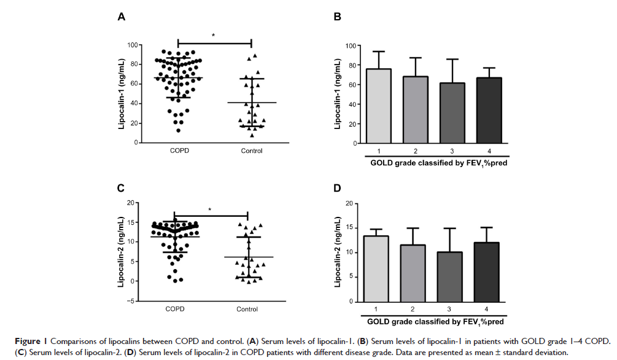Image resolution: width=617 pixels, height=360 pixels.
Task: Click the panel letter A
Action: pos(122,17)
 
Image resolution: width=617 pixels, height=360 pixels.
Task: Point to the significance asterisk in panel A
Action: pos(214,35)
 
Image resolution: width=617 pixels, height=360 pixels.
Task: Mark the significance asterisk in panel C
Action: pos(210,209)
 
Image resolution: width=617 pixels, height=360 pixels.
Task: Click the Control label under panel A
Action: pos(252,151)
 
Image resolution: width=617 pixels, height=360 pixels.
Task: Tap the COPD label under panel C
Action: pos(175,309)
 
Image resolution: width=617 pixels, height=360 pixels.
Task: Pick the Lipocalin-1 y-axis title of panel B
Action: pos(337,94)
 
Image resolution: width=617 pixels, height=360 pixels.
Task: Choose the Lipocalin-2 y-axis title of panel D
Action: pos(337,252)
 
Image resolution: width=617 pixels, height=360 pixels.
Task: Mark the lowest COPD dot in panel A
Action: pos(178,130)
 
